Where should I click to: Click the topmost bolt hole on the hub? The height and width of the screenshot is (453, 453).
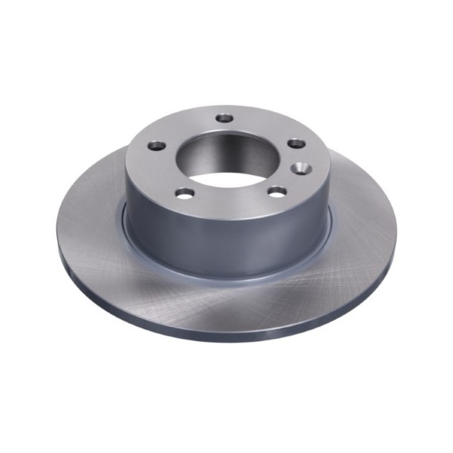pos(225,118)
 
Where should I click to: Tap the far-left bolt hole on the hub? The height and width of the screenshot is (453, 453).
pos(156,145)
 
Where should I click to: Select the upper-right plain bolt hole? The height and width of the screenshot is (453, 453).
pos(297,143)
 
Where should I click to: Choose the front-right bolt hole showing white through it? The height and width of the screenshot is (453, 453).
pos(277,192)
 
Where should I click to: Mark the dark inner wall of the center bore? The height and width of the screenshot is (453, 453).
pos(226,147)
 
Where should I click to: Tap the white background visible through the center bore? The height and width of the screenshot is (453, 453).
pos(226,181)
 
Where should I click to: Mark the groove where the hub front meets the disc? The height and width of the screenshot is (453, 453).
pos(226,278)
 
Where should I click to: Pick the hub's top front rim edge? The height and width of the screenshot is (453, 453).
pos(226,214)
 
